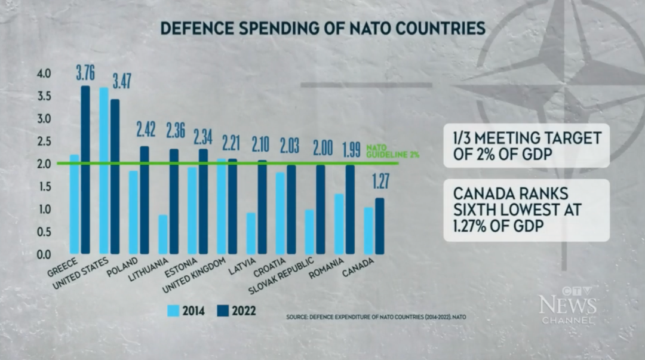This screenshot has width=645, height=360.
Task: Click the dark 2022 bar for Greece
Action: tap(85, 170)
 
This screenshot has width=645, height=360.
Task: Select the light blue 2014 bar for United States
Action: tap(104, 171)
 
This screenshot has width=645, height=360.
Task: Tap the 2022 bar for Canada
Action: tap(380, 226)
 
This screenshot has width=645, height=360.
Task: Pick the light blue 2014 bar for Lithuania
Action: tap(163, 235)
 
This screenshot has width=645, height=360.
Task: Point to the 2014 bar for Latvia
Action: tap(251, 233)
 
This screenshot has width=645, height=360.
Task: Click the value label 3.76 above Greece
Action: tap(85, 72)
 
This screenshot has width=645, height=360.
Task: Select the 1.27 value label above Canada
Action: tap(380, 181)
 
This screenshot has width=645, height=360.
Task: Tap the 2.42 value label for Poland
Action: tap(146, 130)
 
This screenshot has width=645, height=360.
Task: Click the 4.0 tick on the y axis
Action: tap(44, 74)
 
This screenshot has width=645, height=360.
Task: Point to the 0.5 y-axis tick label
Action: tap(44, 232)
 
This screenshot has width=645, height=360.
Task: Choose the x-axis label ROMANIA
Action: tap(326, 269)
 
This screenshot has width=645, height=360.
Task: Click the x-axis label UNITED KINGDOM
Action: tap(194, 275)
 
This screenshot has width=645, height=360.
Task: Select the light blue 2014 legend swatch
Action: tap(173, 310)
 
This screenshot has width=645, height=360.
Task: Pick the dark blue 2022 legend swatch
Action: tap(223, 310)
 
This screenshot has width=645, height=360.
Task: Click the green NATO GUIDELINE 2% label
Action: tap(392, 152)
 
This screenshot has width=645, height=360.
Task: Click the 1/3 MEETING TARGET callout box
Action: tap(527, 146)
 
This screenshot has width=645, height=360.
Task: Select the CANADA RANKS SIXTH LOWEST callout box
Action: tap(527, 210)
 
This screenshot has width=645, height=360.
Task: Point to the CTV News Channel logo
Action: tap(568, 305)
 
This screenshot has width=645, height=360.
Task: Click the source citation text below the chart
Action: tap(376, 317)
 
